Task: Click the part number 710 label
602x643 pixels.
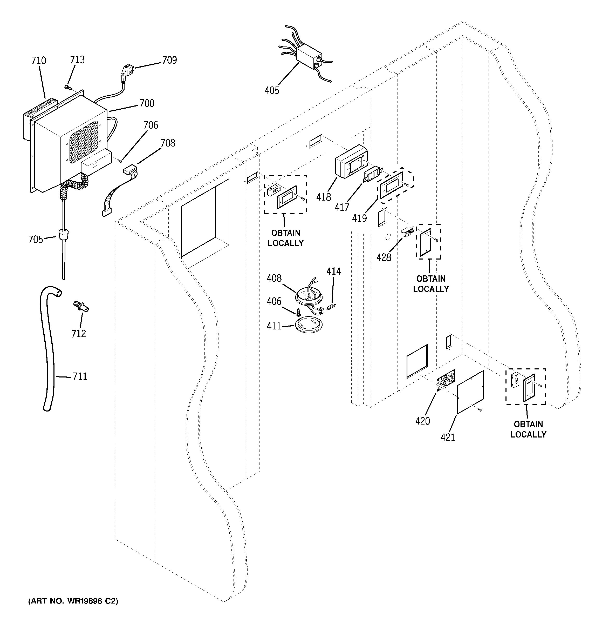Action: [x=38, y=61]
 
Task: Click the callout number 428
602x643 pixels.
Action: [x=384, y=257]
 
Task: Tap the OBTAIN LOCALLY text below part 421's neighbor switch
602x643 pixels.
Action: [x=528, y=429]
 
